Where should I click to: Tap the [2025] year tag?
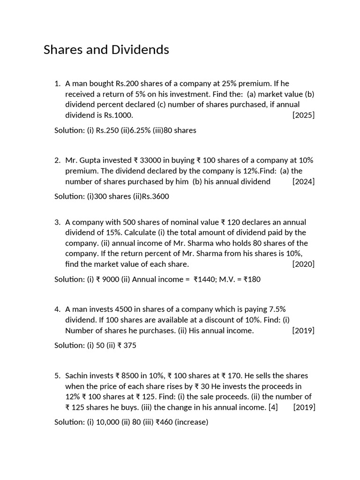tap(303, 115)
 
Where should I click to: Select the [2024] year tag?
tap(303, 181)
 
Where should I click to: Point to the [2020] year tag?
tap(303, 264)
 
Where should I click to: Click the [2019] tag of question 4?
tap(303, 330)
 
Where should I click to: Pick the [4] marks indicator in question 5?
tap(273, 407)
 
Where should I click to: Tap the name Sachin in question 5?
tap(77, 376)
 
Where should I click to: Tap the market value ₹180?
tap(252, 279)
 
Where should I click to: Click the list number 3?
tap(58, 222)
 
